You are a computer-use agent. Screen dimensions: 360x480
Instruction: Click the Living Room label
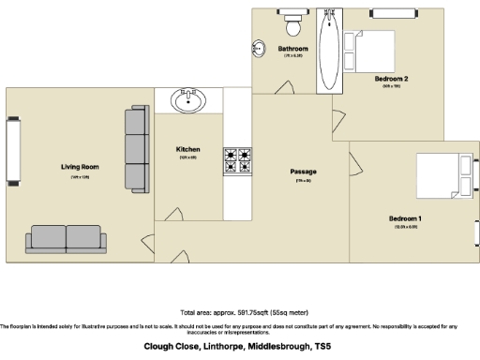coord(80,167)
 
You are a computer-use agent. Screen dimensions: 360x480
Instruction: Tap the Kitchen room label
coord(188,150)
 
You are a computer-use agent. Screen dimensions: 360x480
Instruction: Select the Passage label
coord(303,172)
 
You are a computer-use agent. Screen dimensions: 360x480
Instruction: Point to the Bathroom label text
coord(293,49)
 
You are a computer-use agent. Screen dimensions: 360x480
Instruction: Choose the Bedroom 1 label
coord(406,218)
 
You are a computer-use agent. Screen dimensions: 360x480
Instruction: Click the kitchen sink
coord(188,99)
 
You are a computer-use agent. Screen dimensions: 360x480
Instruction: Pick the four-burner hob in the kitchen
coord(237,161)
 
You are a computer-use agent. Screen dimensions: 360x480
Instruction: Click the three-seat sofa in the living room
coord(137,148)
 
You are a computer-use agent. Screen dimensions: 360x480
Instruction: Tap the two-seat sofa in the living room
coord(67,238)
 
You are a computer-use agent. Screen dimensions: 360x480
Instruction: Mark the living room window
coord(13,152)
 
